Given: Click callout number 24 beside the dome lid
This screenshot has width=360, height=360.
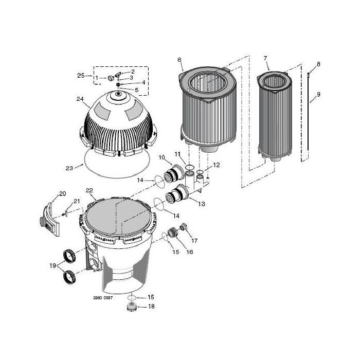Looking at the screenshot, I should pyautogui.click(x=80, y=99).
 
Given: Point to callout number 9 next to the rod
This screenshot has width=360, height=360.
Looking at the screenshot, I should pyautogui.click(x=318, y=94).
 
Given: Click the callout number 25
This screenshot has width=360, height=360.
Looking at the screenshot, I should pyautogui.click(x=81, y=76).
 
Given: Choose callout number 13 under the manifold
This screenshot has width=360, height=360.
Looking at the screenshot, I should pyautogui.click(x=201, y=204).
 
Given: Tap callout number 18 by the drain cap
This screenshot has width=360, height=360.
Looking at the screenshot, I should pyautogui.click(x=151, y=307).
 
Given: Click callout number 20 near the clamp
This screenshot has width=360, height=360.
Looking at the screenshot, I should pyautogui.click(x=62, y=193).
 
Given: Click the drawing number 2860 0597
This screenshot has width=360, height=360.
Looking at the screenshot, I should pyautogui.click(x=103, y=298).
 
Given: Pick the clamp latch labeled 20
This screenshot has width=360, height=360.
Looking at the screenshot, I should pyautogui.click(x=49, y=214).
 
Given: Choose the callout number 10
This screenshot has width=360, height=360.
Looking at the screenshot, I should pyautogui.click(x=161, y=156).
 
